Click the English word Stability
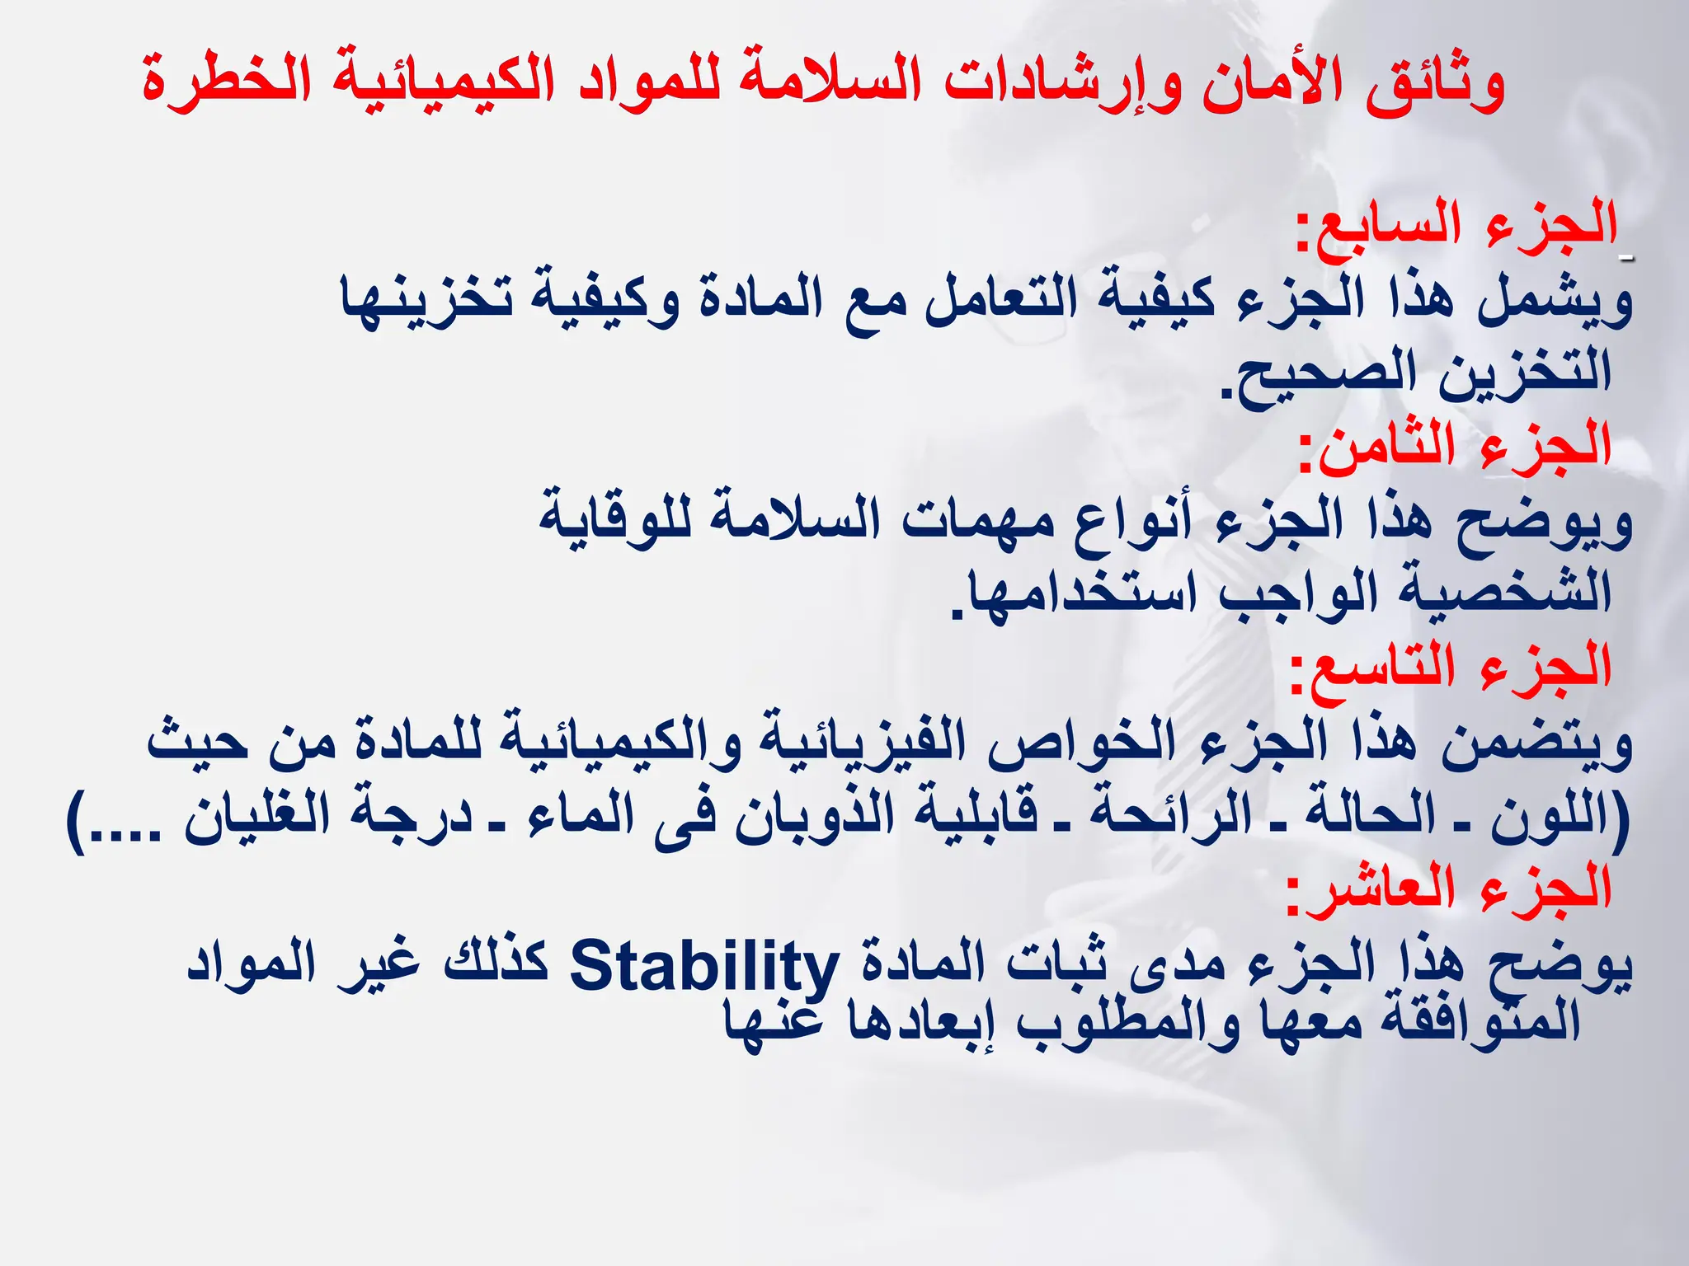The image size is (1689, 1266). tap(703, 965)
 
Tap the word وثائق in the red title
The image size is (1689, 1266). tap(1435, 85)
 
